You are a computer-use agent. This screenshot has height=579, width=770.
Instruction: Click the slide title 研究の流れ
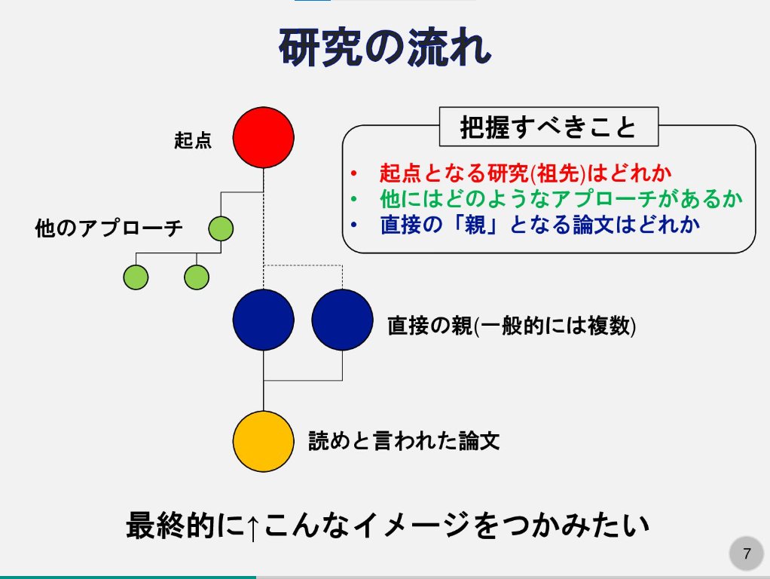[385, 50]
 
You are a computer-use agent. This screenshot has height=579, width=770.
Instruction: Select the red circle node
[263, 137]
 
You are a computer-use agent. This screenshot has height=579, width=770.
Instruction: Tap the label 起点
[193, 140]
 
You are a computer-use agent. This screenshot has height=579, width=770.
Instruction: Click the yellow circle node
[263, 441]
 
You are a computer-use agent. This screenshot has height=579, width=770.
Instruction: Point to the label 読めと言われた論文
[405, 441]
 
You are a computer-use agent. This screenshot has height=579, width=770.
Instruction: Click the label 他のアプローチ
[109, 228]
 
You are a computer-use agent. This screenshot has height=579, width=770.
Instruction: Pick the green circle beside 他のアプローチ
[221, 228]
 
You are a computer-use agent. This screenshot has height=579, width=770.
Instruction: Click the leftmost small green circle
[136, 277]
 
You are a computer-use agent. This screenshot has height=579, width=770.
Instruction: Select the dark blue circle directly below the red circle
[263, 320]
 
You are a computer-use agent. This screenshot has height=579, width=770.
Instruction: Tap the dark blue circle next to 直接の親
[342, 320]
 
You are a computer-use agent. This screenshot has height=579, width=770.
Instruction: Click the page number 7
[747, 554]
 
